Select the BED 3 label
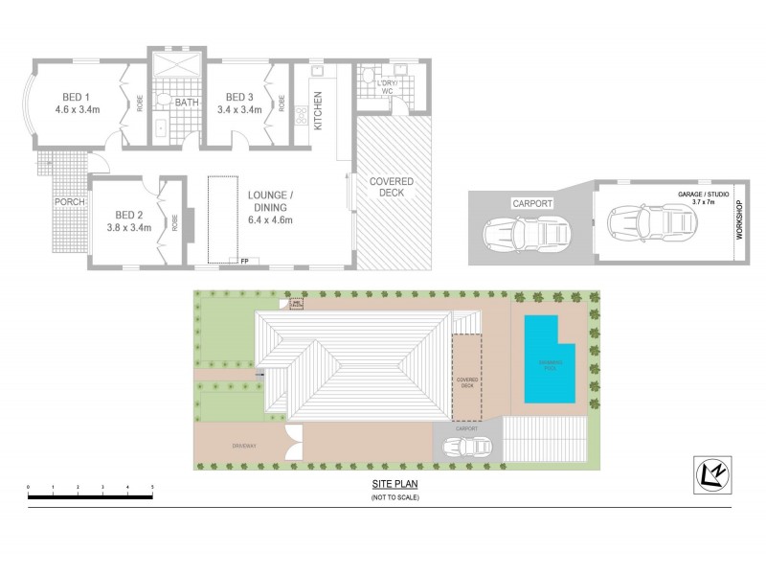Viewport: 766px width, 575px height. [238, 97]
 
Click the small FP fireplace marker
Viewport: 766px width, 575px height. [244, 261]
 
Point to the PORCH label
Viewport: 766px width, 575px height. [69, 202]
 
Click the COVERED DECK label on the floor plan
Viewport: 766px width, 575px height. [393, 187]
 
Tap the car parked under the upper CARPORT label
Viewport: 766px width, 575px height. [525, 233]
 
